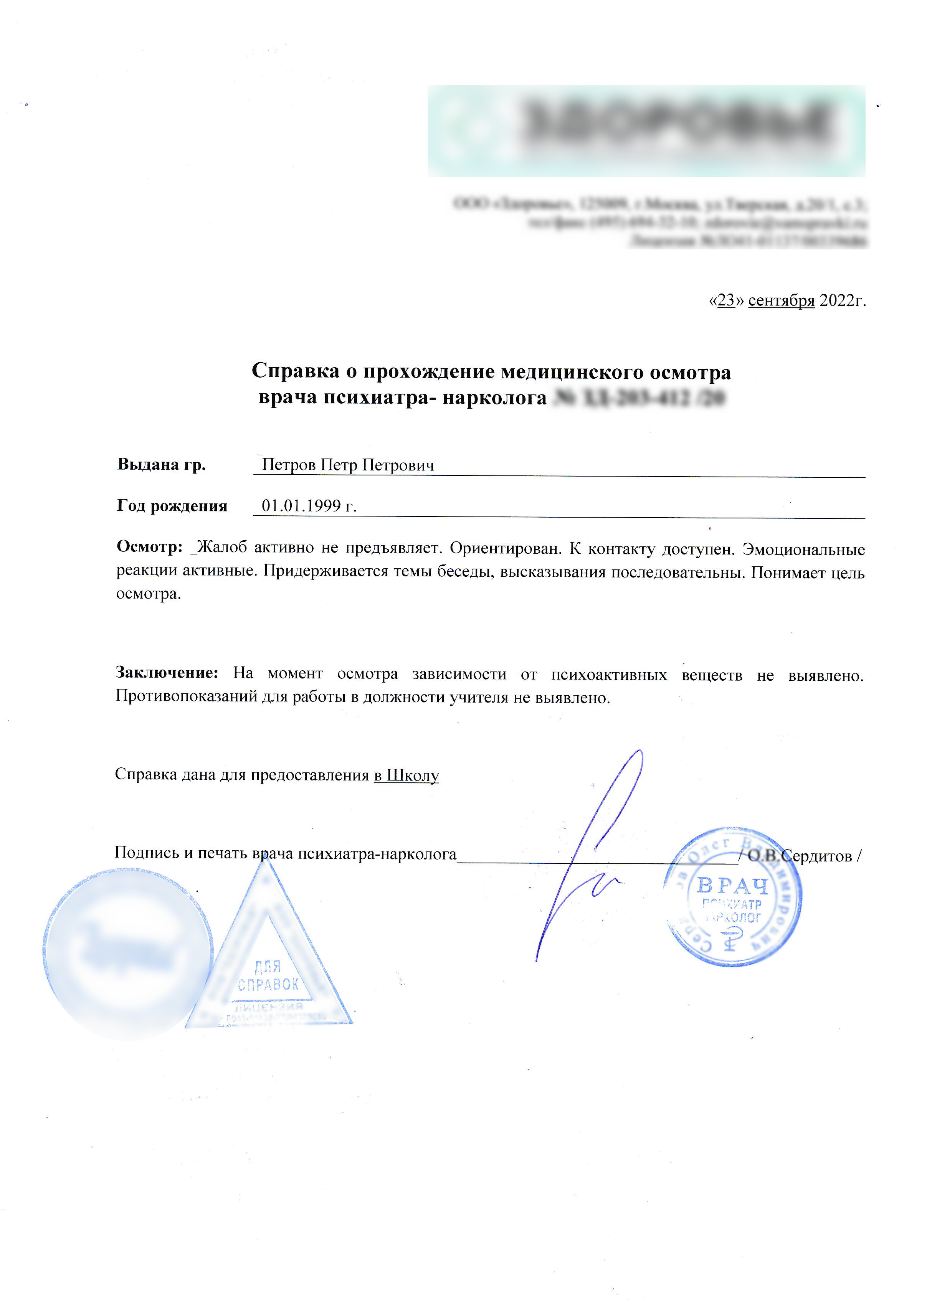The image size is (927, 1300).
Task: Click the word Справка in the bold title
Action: click(295, 371)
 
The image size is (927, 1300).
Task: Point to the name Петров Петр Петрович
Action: click(348, 465)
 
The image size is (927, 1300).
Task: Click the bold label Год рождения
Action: click(172, 506)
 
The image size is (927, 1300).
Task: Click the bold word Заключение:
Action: click(167, 673)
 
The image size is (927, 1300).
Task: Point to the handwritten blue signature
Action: click(594, 856)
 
